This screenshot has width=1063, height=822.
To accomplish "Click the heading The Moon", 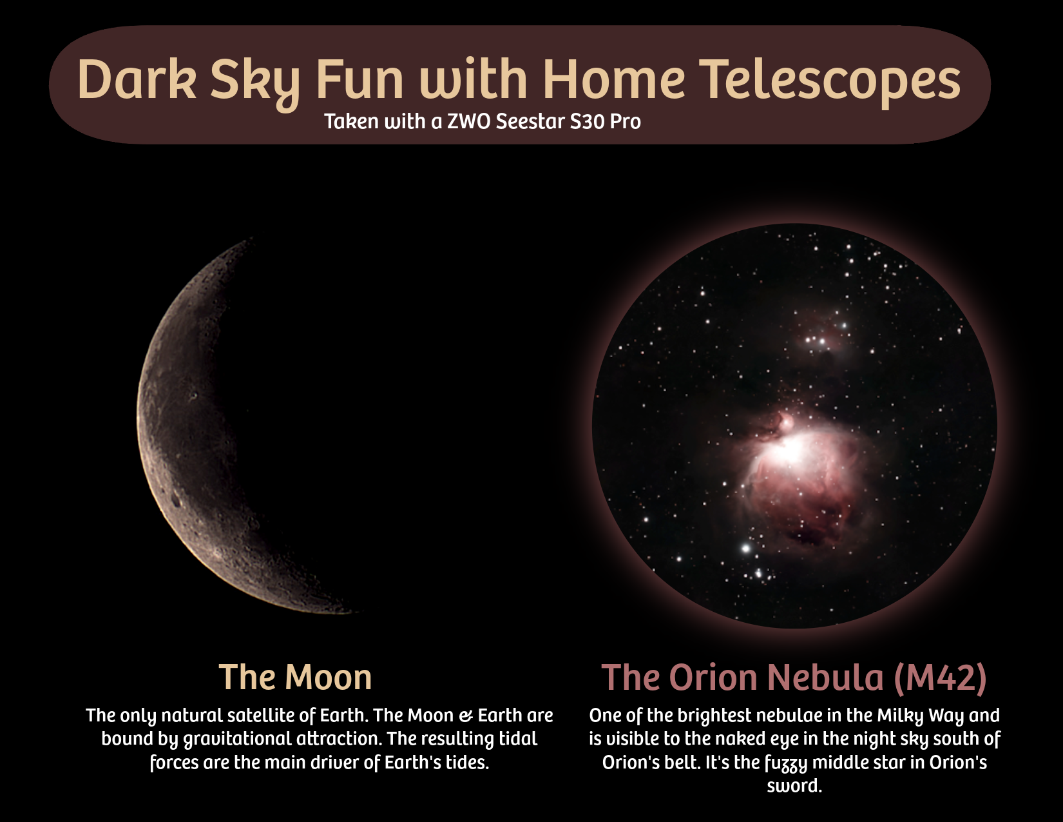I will (295, 678).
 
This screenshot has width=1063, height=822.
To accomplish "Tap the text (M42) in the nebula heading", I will (940, 678).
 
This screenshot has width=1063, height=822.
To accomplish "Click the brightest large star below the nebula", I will (746, 549).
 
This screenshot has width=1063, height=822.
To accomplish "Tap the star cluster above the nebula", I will (817, 340).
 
